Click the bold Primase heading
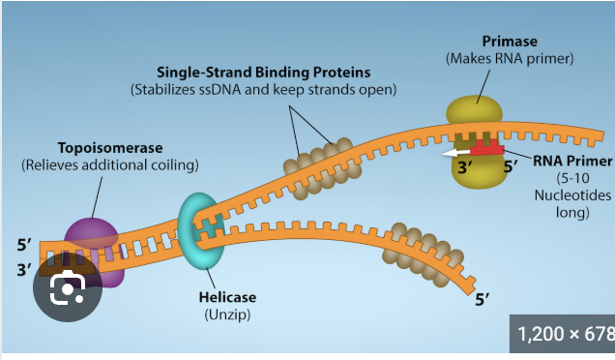click(511, 41)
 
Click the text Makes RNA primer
click(511, 58)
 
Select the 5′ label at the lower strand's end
click(483, 300)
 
